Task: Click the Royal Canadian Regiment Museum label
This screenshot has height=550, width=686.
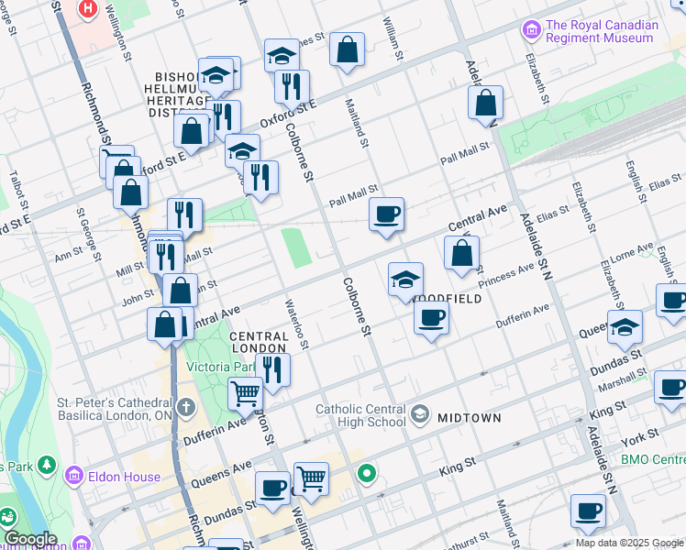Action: (602, 32)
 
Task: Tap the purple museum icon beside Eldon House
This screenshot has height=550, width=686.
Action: (75, 476)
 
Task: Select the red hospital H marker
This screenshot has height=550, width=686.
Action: (88, 10)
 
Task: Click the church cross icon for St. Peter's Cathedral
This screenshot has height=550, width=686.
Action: (186, 406)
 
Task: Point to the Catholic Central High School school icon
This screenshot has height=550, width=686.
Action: (420, 414)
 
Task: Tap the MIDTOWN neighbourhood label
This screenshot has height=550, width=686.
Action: (469, 418)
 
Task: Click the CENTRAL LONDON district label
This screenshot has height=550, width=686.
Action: (259, 342)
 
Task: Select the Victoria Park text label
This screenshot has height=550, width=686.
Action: (220, 367)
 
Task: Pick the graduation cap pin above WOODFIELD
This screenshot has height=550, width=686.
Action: (405, 280)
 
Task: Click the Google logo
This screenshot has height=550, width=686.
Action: (30, 539)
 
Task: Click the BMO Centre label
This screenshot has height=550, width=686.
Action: (653, 458)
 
